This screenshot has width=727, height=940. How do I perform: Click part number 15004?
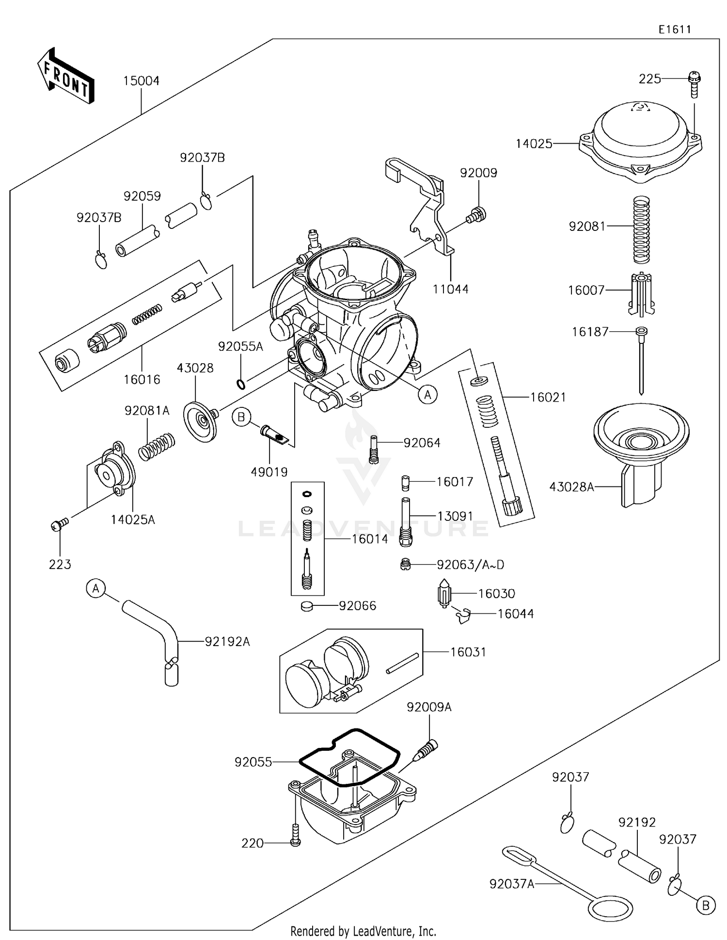141,81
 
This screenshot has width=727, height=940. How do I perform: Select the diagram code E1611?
674,30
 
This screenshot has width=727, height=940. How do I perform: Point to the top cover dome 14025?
641,136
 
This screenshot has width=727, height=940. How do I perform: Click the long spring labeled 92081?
642,229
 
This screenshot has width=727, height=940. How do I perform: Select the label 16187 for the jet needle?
590,332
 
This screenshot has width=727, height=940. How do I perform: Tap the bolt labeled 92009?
476,215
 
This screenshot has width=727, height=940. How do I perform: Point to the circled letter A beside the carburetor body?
427,395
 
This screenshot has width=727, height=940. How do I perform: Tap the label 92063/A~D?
470,565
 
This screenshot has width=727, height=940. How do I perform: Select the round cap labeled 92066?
306,605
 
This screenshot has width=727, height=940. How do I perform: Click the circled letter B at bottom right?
706,906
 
